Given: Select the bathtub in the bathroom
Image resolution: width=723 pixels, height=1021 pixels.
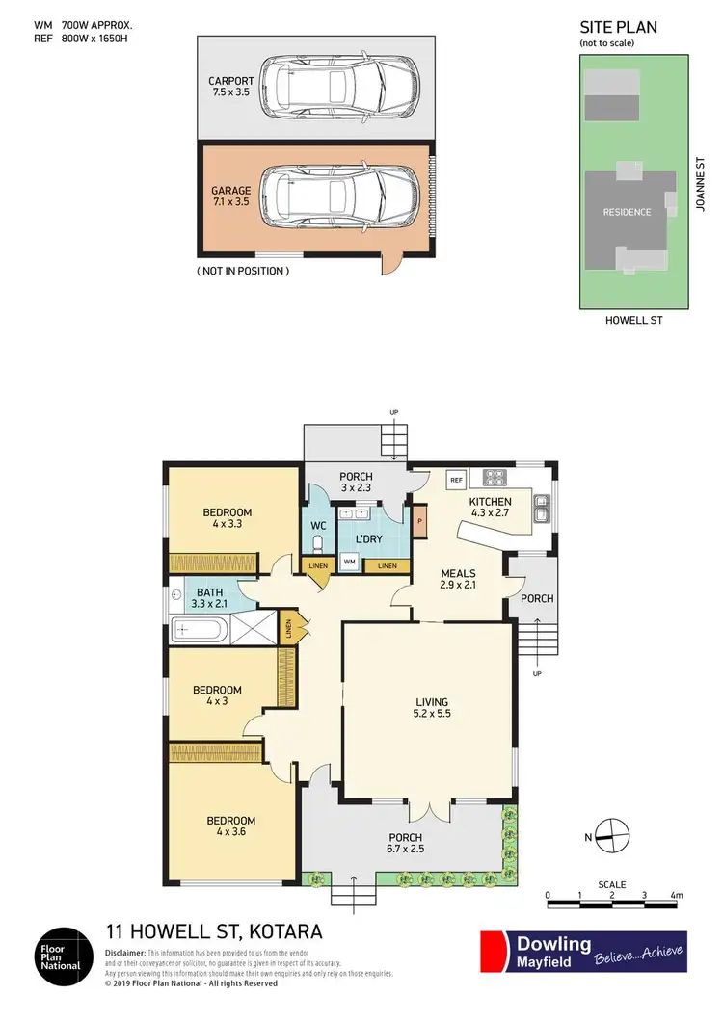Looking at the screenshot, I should (x=200, y=633).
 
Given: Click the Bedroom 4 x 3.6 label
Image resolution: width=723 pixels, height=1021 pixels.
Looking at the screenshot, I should (x=230, y=827).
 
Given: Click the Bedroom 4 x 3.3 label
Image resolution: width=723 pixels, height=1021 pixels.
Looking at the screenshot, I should (x=228, y=518).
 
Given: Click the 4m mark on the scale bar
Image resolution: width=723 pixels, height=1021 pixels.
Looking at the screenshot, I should (x=677, y=896).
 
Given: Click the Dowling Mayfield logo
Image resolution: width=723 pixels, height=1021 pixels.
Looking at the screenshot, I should (x=583, y=952).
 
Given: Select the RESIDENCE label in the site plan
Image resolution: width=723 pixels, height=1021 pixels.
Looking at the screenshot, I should (x=627, y=212).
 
